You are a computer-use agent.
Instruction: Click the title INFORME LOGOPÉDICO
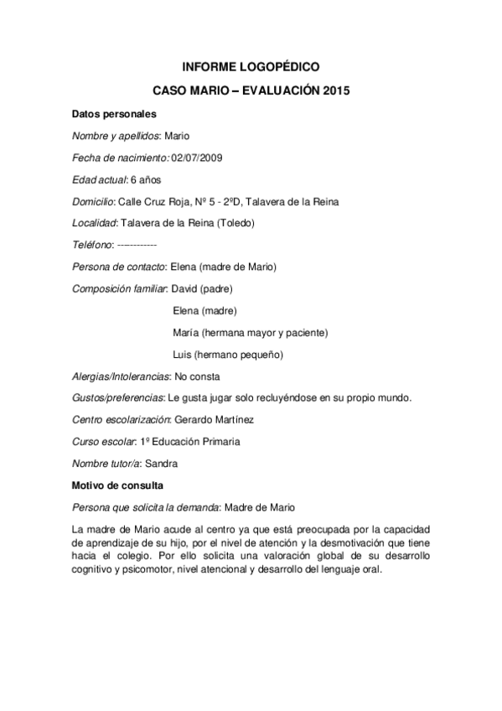[251, 65]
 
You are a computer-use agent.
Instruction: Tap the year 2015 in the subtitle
[335, 89]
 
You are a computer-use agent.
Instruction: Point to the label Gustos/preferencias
[117, 397]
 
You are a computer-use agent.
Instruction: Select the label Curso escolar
[102, 441]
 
